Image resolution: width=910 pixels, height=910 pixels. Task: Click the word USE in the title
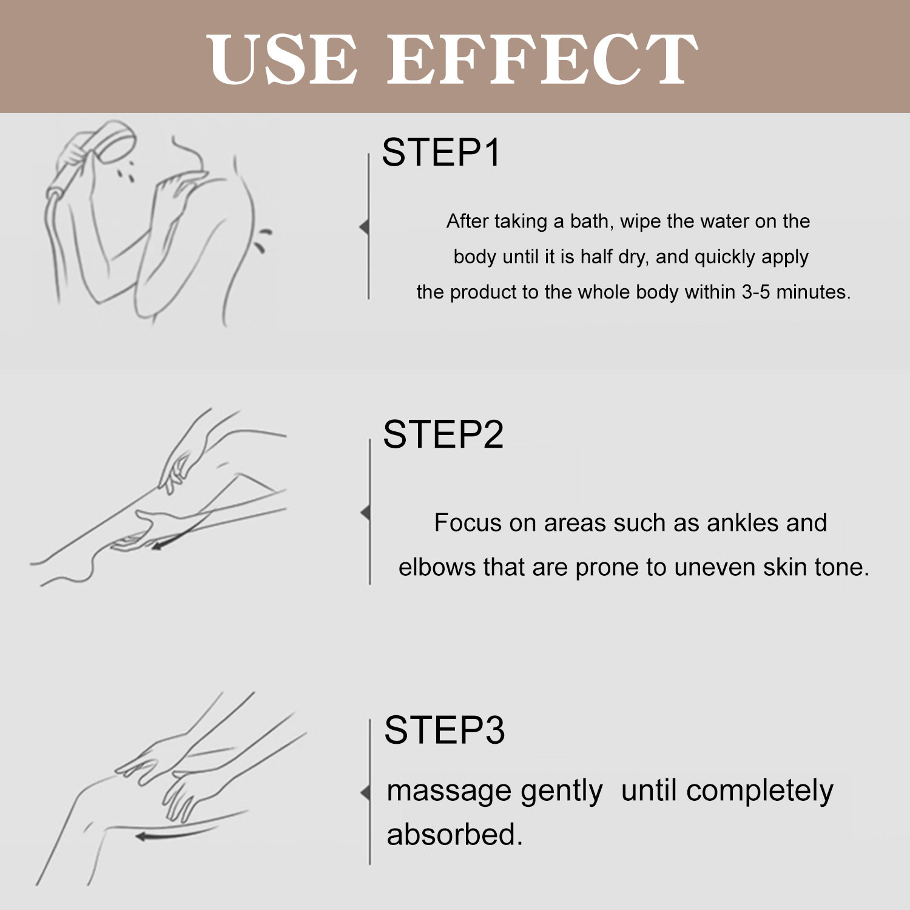(x=282, y=59)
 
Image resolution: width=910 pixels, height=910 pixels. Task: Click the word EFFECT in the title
(x=542, y=59)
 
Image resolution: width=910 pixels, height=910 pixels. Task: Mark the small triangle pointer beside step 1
(x=364, y=227)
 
